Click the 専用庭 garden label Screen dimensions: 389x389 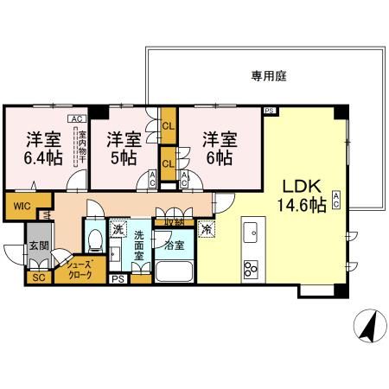(269, 76)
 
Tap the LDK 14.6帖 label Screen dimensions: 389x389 (299, 197)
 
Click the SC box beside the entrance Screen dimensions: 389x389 (38, 277)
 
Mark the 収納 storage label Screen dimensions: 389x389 (169, 223)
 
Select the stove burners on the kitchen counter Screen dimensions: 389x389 (252, 266)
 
